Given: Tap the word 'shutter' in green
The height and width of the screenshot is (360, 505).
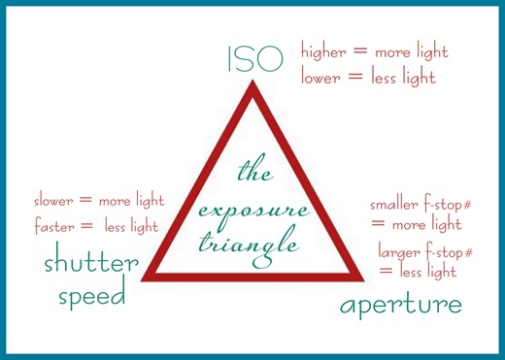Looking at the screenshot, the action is [88, 263].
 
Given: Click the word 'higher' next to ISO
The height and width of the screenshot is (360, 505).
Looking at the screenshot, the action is [325, 50].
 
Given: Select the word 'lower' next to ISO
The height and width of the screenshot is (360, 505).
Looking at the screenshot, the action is [321, 77].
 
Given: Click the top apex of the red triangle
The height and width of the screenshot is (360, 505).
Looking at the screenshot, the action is [252, 85].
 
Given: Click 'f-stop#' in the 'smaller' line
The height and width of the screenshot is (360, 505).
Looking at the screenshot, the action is [451, 205].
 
